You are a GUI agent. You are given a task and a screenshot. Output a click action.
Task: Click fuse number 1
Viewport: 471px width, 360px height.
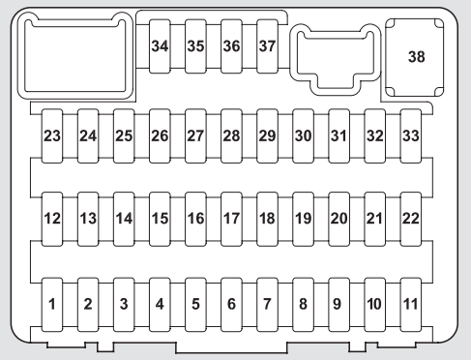52,304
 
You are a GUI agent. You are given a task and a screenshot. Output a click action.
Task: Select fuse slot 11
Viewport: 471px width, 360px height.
410,304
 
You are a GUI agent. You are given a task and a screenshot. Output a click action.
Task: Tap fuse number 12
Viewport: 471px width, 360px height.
52,219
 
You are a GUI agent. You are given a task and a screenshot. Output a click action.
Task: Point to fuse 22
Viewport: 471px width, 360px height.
410,219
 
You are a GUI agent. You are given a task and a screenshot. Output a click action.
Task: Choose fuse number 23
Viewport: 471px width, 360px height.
52,135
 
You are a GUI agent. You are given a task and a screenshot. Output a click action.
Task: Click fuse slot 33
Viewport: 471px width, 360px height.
410,135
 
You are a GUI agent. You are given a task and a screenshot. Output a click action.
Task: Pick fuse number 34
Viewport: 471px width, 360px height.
160,46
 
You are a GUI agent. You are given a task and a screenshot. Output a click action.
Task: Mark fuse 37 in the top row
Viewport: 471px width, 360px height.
267,46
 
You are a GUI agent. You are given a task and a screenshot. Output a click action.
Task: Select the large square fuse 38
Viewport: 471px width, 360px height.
416,57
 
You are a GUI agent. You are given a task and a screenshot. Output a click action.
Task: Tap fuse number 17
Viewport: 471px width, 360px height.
231,219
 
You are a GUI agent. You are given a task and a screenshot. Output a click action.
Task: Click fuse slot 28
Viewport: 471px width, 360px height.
231,135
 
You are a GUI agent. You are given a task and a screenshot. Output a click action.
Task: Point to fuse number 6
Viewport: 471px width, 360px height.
231,304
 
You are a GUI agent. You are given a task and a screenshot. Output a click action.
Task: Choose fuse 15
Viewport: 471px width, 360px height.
160,219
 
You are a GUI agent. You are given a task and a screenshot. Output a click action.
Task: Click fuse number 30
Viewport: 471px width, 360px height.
303,135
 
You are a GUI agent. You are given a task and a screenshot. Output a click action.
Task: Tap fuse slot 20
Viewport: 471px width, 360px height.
339,219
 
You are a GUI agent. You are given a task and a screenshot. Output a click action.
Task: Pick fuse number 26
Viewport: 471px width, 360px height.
160,135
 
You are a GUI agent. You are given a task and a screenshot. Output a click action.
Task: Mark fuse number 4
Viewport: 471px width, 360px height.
160,304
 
